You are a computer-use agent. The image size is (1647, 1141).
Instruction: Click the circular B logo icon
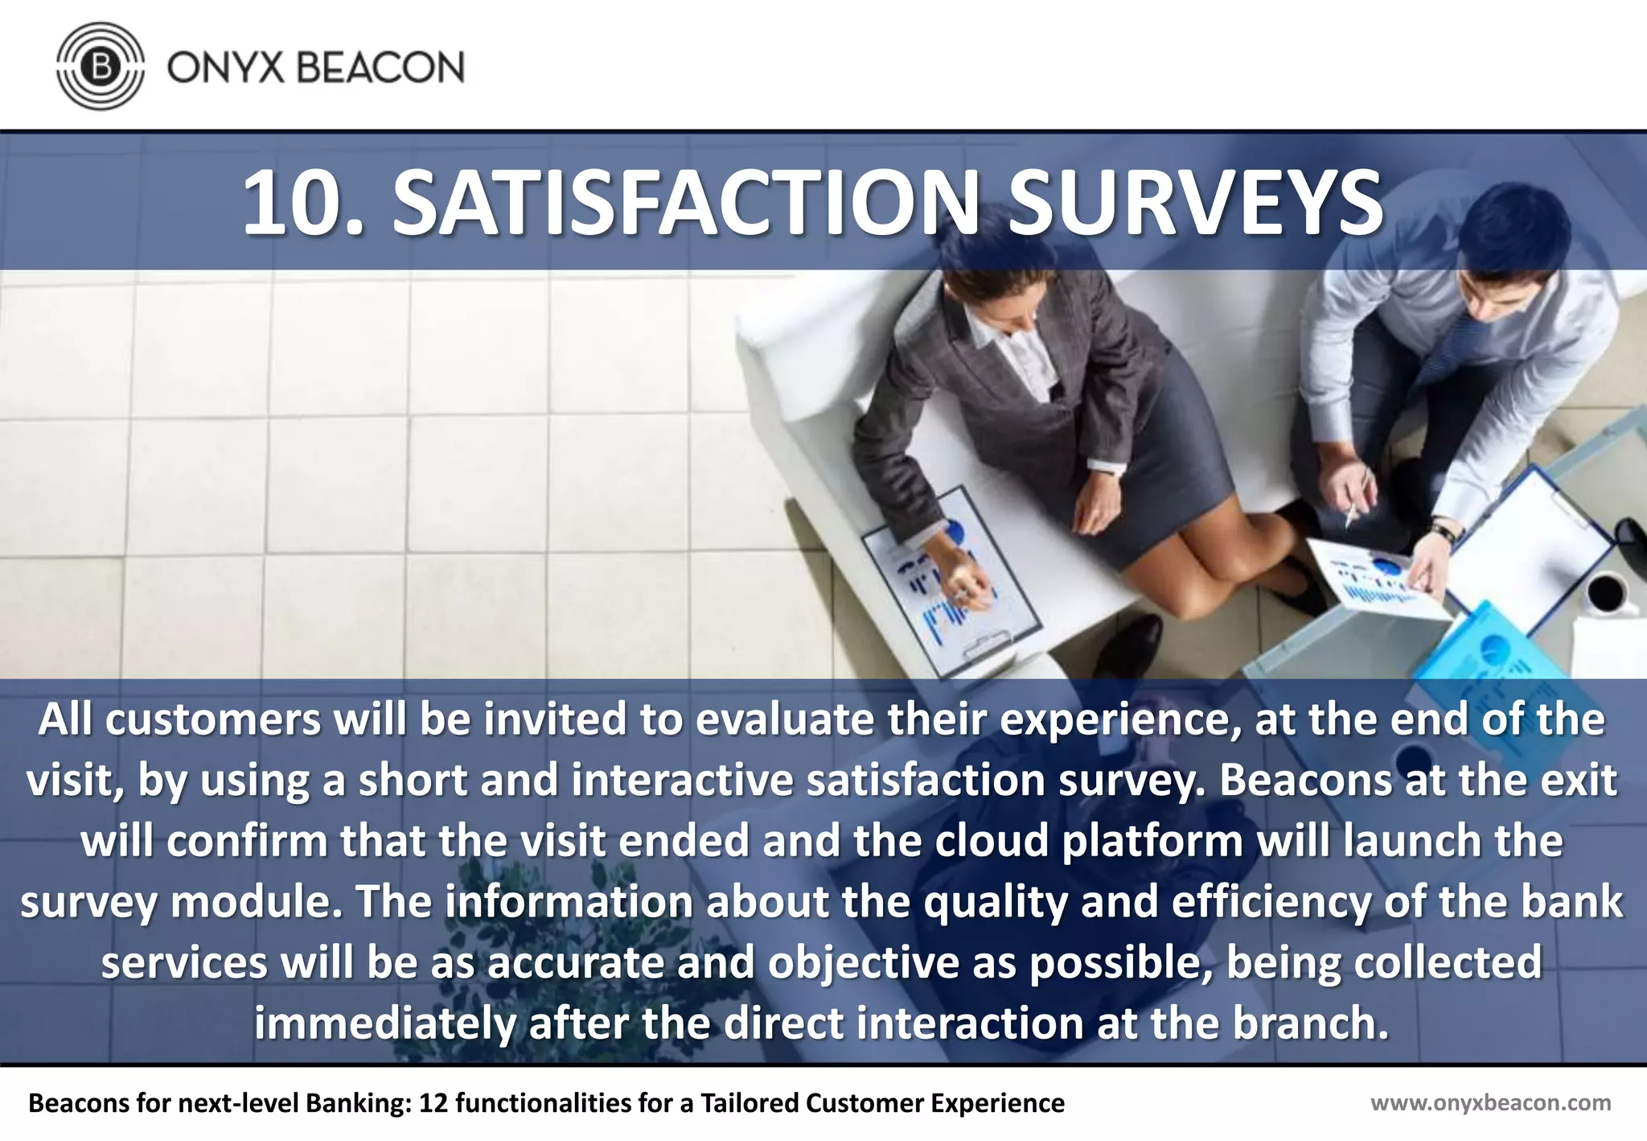pos(101,66)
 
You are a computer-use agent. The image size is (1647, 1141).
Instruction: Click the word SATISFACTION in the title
pos(684,204)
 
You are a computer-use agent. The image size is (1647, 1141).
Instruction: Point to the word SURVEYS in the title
pos(1195,204)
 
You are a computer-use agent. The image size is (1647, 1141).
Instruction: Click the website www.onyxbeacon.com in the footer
pos(1490,1102)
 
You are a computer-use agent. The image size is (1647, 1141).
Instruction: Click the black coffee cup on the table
pos(1606,594)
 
